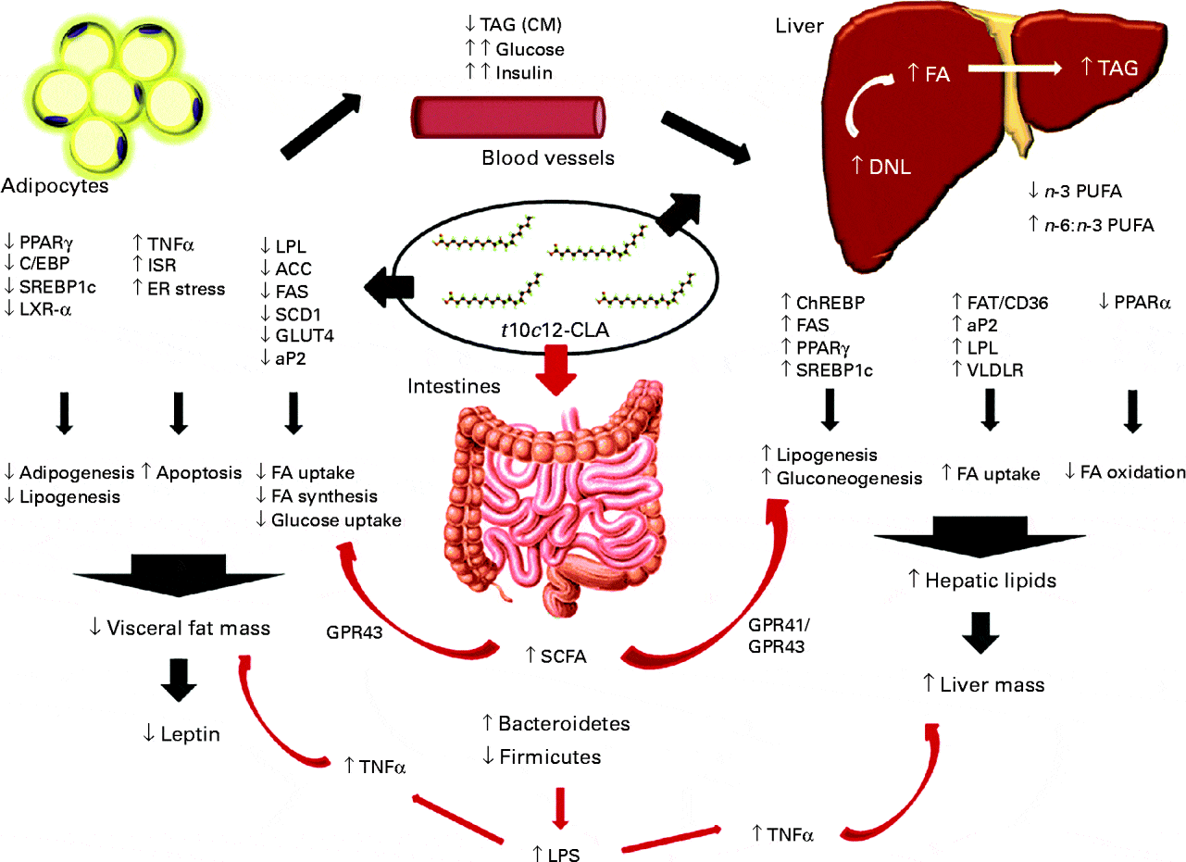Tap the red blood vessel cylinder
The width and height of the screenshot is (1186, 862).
[507, 119]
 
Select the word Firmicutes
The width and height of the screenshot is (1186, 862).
[553, 756]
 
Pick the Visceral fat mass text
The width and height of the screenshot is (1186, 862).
[183, 628]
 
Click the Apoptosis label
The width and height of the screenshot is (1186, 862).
[199, 472]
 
